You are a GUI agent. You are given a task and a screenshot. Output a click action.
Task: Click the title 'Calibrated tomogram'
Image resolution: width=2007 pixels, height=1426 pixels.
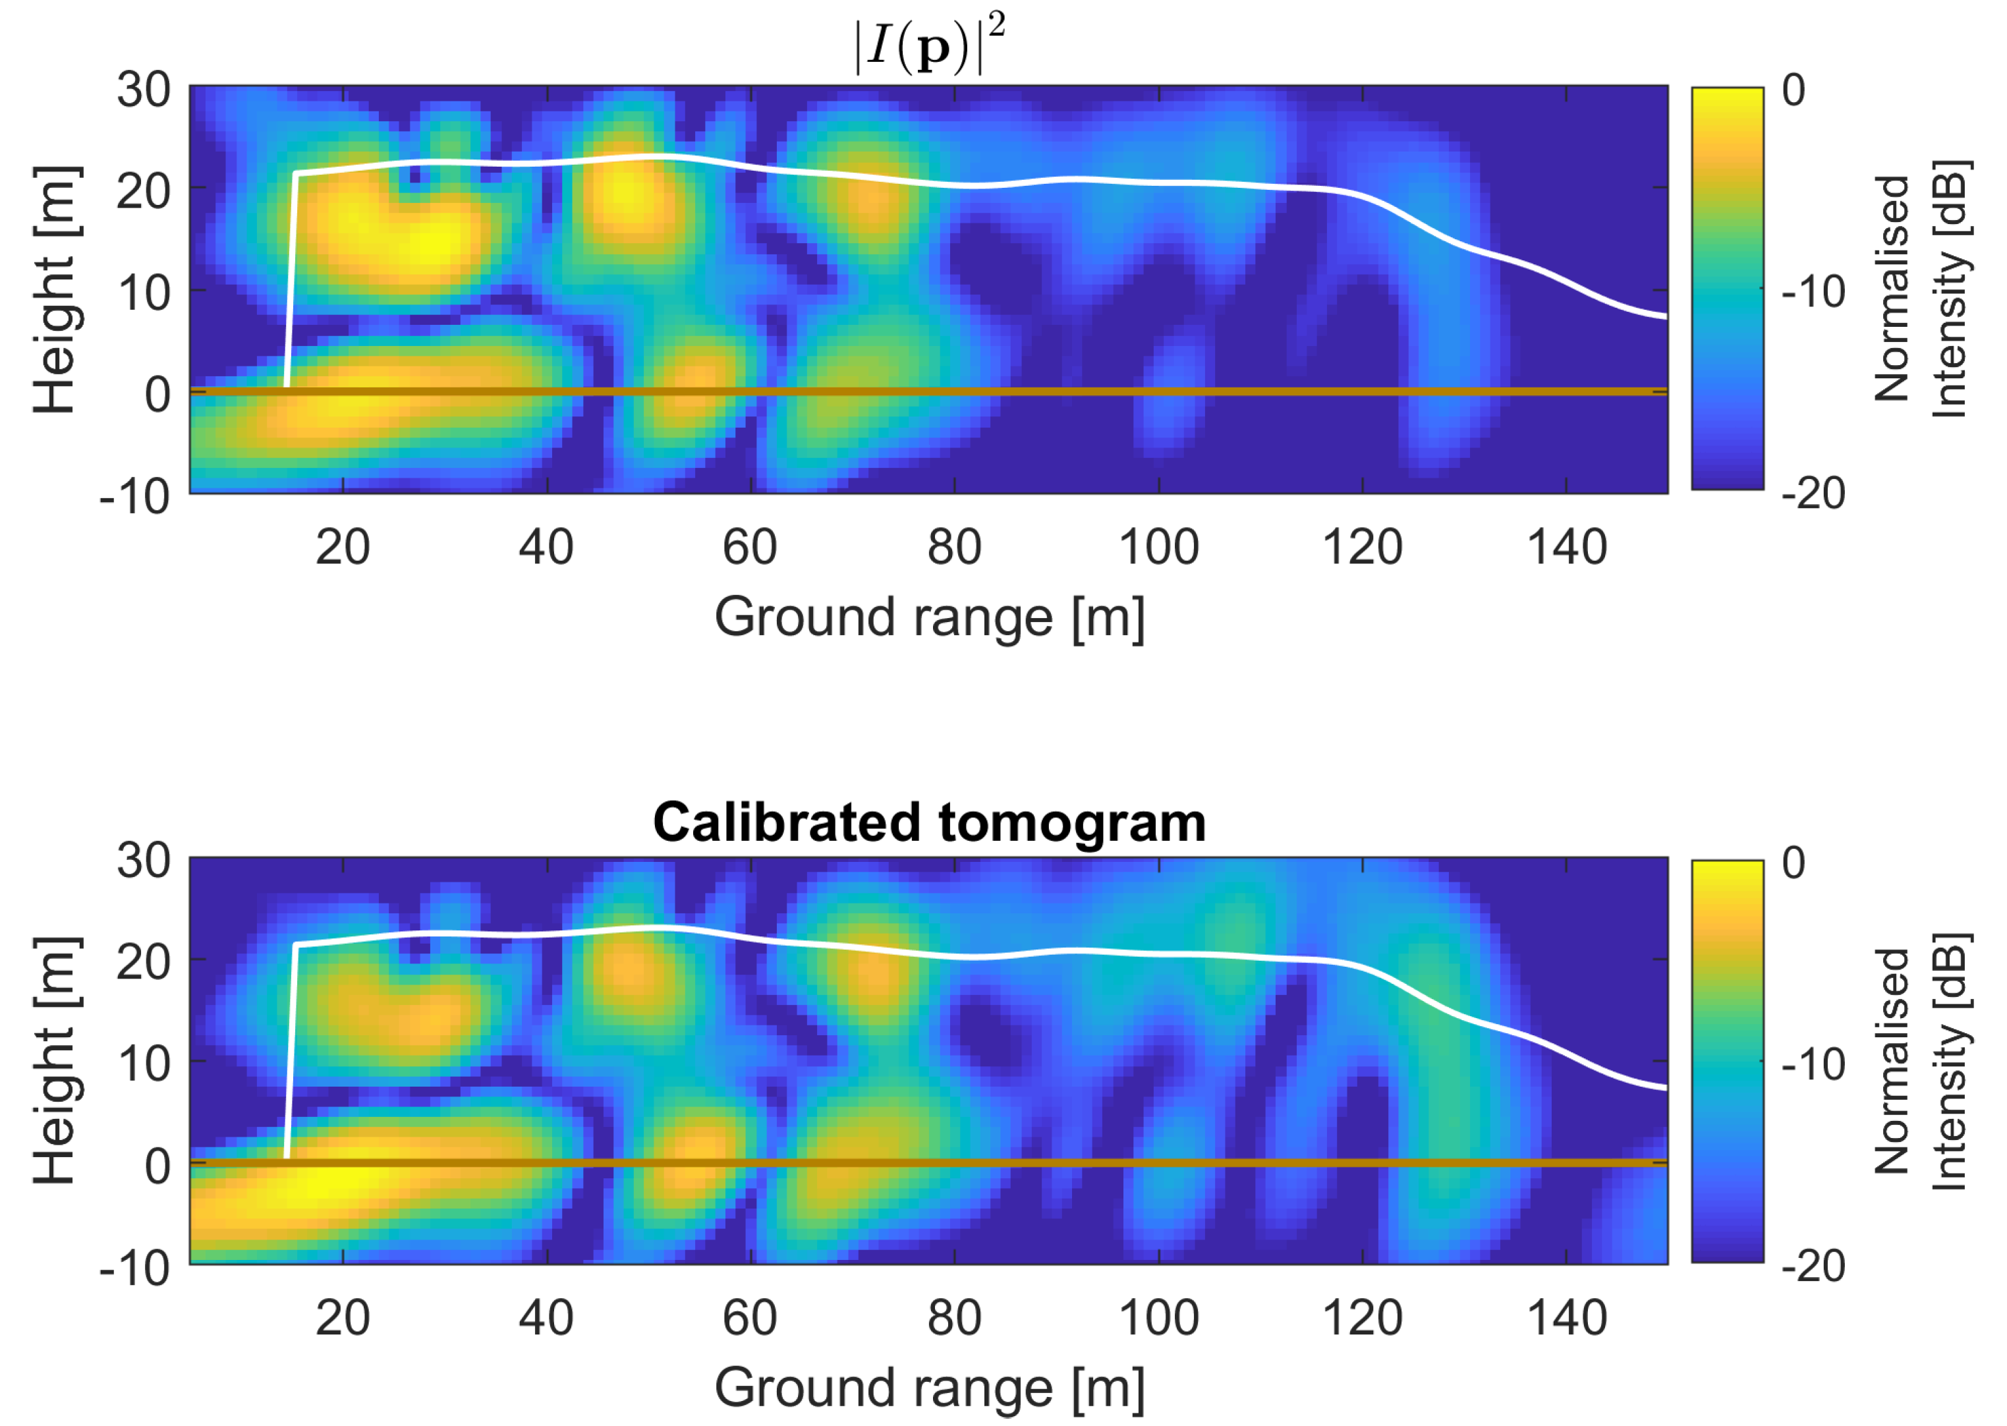click(929, 823)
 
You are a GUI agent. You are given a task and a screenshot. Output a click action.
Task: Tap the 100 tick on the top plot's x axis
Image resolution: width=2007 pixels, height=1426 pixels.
click(1158, 547)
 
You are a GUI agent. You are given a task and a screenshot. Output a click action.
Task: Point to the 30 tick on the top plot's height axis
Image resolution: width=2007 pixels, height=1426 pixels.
click(144, 90)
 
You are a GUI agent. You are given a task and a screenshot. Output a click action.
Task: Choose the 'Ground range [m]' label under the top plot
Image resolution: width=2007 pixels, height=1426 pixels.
click(929, 617)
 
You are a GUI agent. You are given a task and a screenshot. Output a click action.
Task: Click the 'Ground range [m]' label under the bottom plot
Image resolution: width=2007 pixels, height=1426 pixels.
click(929, 1388)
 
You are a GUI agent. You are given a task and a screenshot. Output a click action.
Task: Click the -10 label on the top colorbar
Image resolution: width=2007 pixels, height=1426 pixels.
click(1814, 291)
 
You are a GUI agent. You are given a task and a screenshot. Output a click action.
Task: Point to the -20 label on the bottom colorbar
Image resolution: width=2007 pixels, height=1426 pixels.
click(1814, 1265)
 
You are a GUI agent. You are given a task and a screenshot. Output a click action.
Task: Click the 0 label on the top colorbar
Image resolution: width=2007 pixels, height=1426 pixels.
click(1794, 90)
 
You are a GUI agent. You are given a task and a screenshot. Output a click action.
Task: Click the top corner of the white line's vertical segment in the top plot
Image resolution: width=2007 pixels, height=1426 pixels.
click(297, 176)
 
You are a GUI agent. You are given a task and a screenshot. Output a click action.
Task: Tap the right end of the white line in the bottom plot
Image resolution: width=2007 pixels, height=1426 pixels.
click(1666, 1088)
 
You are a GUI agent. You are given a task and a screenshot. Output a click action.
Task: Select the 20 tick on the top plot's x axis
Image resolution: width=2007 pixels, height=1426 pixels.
click(343, 547)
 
